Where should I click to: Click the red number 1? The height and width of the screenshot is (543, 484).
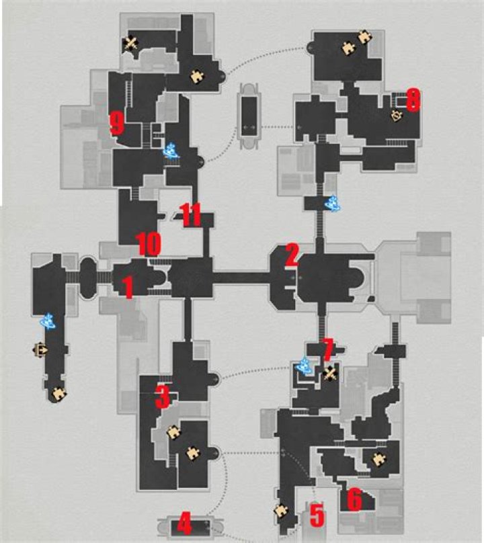point(128,288)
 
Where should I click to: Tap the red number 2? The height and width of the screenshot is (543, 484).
point(292,255)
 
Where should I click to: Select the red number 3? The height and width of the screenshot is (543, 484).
point(162,397)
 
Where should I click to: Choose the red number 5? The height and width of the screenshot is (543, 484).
point(317,516)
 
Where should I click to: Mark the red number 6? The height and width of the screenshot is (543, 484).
point(354,500)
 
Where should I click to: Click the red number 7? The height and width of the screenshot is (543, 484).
point(327,349)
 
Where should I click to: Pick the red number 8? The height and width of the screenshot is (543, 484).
point(413,100)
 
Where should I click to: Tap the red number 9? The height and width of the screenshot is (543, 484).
point(117,123)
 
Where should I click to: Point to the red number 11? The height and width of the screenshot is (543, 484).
point(191,216)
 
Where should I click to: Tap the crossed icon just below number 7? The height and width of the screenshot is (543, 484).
point(329,374)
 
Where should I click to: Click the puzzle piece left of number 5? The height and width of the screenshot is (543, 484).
point(280,511)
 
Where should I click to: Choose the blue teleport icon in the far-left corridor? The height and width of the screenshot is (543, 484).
point(50,323)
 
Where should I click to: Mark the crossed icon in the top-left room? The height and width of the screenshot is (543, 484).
point(131,44)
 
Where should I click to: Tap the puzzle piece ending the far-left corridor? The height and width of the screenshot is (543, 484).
point(58,394)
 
